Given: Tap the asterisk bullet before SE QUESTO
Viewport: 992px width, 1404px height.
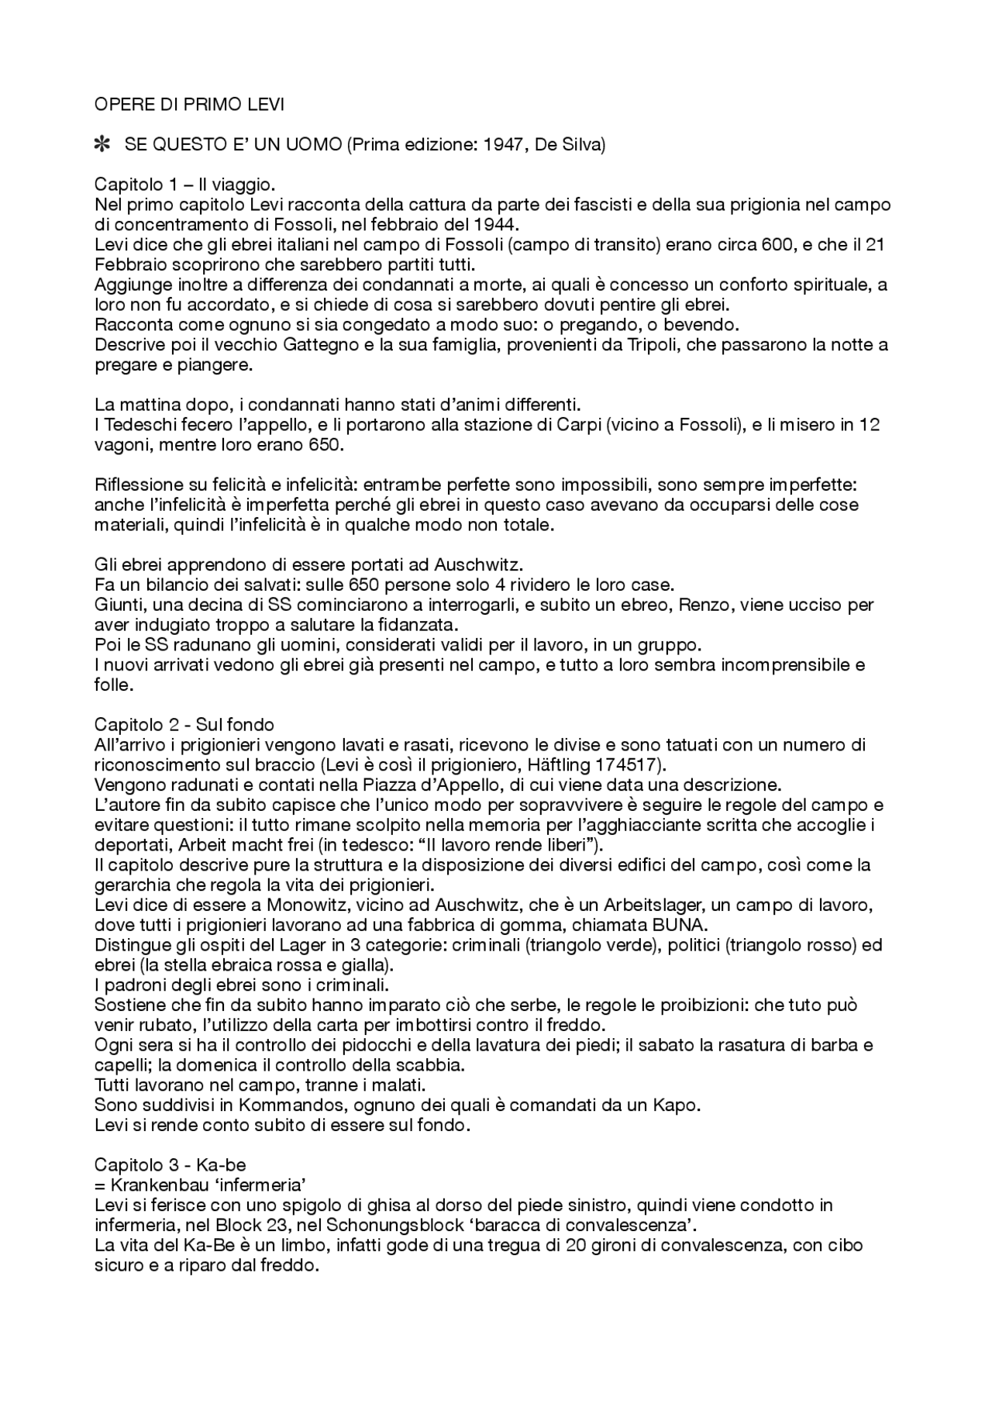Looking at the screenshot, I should tap(101, 145).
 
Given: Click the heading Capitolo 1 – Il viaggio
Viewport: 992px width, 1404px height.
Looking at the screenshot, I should tap(184, 185).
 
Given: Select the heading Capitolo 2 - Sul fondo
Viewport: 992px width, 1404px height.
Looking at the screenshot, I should tap(184, 725).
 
